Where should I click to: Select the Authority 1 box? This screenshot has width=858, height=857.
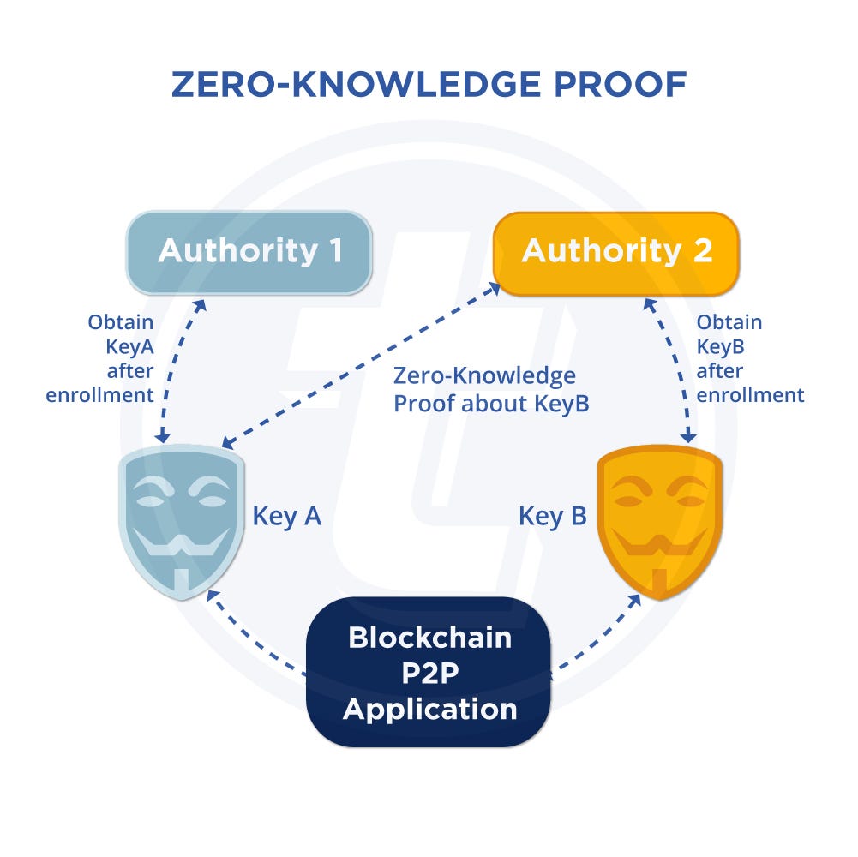click(x=249, y=251)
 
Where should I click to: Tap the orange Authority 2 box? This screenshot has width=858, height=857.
click(x=616, y=251)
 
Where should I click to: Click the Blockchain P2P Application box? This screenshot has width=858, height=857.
click(x=429, y=673)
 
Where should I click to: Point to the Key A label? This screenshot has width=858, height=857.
click(x=286, y=516)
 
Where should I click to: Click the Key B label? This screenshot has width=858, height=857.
click(x=553, y=516)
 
